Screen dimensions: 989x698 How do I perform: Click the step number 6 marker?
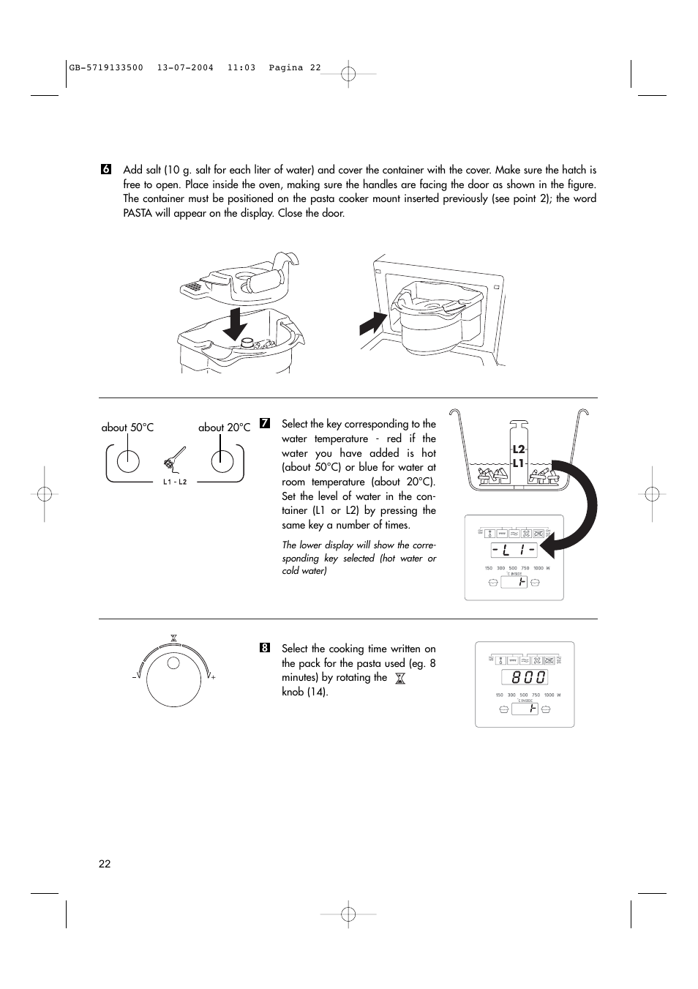105,170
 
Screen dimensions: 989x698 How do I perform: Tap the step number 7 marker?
265,424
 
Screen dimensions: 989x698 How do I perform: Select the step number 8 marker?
265,648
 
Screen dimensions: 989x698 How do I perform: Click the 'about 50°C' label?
127,428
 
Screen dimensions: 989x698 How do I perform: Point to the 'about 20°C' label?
224,428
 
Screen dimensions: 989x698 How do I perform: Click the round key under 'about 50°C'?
128,461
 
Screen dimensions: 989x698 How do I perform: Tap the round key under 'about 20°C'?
222,461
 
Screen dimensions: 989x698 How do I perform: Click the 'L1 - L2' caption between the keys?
175,482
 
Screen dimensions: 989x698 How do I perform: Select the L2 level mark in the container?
519,449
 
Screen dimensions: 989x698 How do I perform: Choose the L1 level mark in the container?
519,464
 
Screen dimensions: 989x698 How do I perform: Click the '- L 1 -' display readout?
514,551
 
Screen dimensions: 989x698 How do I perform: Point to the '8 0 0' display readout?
524,678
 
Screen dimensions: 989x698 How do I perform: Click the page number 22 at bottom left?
105,864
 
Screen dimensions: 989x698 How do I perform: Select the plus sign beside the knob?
213,678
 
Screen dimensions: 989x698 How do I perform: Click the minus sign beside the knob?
135,678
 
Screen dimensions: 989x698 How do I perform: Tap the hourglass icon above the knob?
173,638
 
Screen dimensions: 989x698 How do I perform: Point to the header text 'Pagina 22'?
295,67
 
